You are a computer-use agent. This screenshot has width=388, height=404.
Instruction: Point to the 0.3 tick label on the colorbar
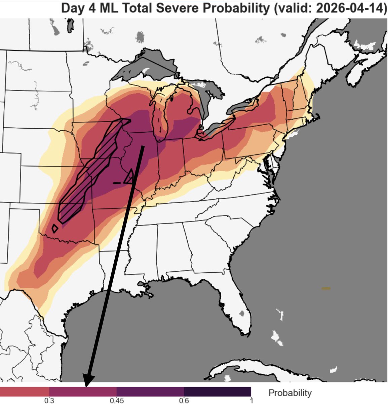[49, 401]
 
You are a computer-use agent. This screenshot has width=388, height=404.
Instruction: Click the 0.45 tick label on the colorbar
[116, 401]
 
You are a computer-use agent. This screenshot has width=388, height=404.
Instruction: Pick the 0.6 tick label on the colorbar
[184, 401]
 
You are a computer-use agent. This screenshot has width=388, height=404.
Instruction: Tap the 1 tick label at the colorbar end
[251, 401]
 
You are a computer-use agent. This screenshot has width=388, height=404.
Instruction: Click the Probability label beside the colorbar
[290, 393]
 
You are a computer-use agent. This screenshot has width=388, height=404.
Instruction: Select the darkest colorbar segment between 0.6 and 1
[217, 392]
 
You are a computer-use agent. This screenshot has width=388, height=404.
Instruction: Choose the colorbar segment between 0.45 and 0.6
[150, 392]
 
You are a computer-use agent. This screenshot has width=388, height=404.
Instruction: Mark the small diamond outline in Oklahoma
[55, 229]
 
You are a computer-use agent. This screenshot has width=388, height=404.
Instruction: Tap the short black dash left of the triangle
[117, 183]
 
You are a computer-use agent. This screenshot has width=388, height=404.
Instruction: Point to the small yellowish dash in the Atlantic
[326, 288]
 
